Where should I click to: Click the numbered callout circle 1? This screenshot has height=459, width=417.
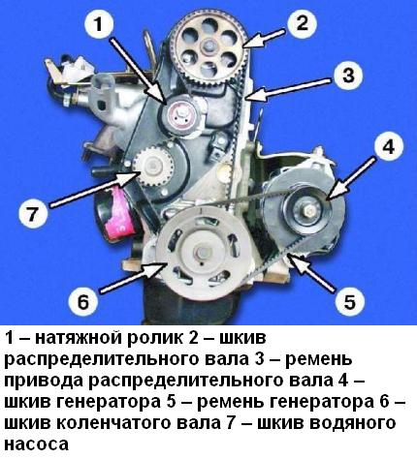(99, 25)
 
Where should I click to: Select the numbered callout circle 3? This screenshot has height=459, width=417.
(348, 76)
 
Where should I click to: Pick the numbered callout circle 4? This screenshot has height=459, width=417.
(388, 147)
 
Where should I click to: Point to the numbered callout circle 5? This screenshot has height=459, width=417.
(349, 300)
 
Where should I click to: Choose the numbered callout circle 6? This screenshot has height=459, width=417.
(83, 301)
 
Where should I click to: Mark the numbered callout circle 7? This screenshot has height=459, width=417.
(33, 213)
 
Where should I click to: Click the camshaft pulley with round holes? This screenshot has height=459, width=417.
(209, 48)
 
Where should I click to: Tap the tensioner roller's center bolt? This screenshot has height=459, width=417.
(181, 113)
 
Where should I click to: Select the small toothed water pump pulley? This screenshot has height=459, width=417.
(153, 166)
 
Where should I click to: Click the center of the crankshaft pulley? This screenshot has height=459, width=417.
(202, 253)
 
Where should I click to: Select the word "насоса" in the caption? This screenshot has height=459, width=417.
(36, 444)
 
